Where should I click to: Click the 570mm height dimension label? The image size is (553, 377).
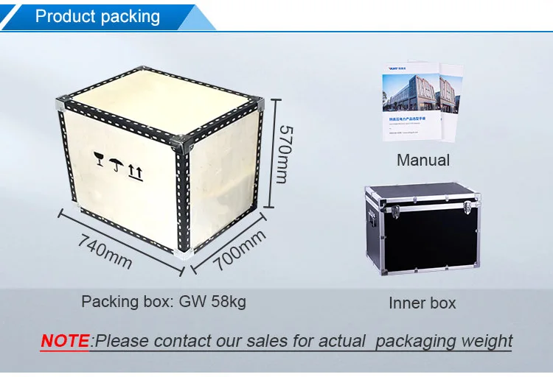click(x=285, y=153)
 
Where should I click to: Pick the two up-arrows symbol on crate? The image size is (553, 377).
click(x=135, y=172)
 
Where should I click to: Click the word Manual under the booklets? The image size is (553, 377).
click(x=422, y=160)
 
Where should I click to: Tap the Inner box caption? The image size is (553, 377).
click(x=422, y=303)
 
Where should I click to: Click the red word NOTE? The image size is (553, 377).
click(x=65, y=341)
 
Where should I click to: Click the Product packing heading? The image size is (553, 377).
click(x=97, y=16)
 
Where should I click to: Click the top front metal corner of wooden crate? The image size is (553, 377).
click(x=184, y=139)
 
